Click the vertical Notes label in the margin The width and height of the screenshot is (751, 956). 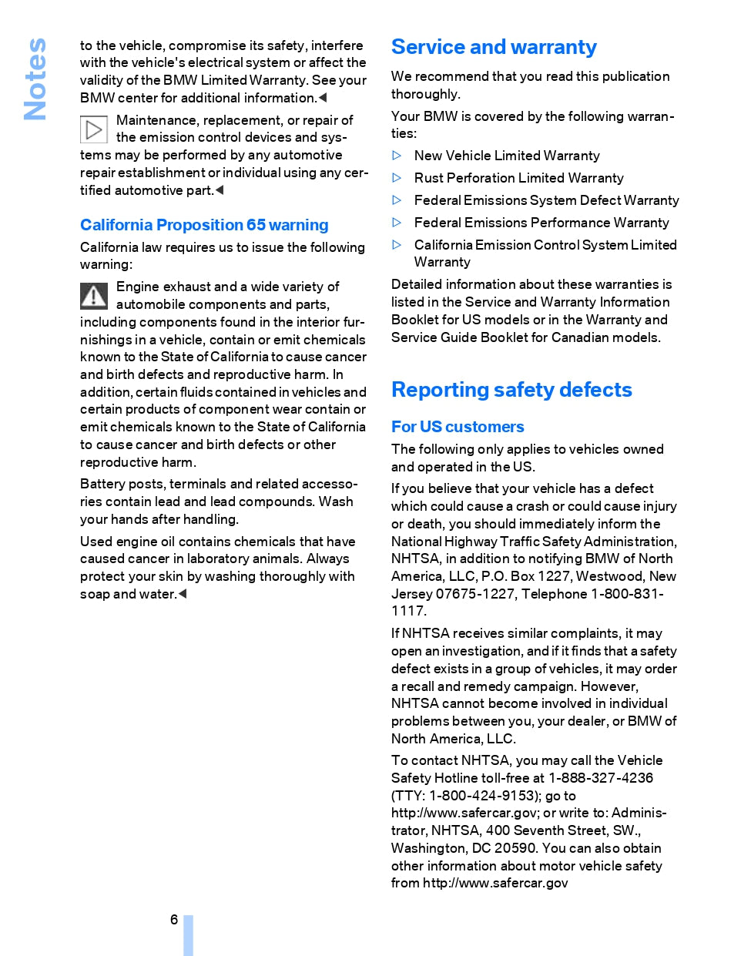point(35,79)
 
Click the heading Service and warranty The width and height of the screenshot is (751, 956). point(494,47)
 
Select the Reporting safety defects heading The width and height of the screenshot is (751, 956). point(511,390)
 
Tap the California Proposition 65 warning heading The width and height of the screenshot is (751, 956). point(204,225)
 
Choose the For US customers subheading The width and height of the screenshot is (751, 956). point(458,427)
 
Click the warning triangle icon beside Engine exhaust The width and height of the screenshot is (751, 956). point(94,296)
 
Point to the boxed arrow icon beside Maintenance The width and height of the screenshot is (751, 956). point(94,129)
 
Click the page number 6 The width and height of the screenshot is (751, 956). point(174,920)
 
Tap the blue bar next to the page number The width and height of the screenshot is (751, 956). point(188,935)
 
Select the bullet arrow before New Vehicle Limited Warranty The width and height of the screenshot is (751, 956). point(397,156)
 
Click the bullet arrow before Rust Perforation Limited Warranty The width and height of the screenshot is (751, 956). point(397,178)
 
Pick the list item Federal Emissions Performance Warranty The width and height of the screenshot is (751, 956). point(541,223)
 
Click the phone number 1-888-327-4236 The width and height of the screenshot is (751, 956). point(601,778)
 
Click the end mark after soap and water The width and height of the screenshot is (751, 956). point(183,594)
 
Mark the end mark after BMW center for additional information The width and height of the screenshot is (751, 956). point(323,98)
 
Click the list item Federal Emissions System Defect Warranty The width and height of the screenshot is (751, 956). point(546,200)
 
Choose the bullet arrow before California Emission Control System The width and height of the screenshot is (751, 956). point(397,245)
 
